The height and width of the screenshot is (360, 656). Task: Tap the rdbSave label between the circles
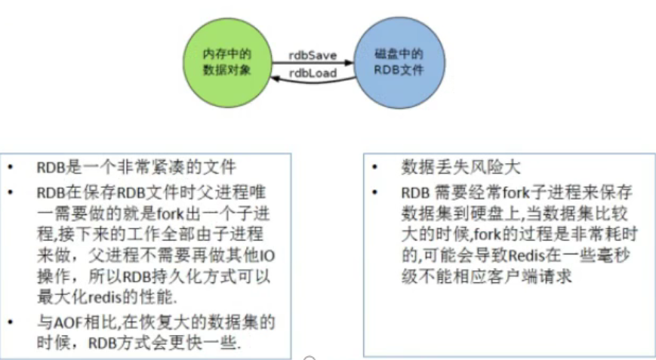[x=313, y=55]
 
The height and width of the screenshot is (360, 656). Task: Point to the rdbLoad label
[x=313, y=72]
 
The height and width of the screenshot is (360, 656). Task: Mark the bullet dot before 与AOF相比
[x=11, y=323]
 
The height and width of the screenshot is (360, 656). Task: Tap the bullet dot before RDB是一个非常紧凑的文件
[x=11, y=168]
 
